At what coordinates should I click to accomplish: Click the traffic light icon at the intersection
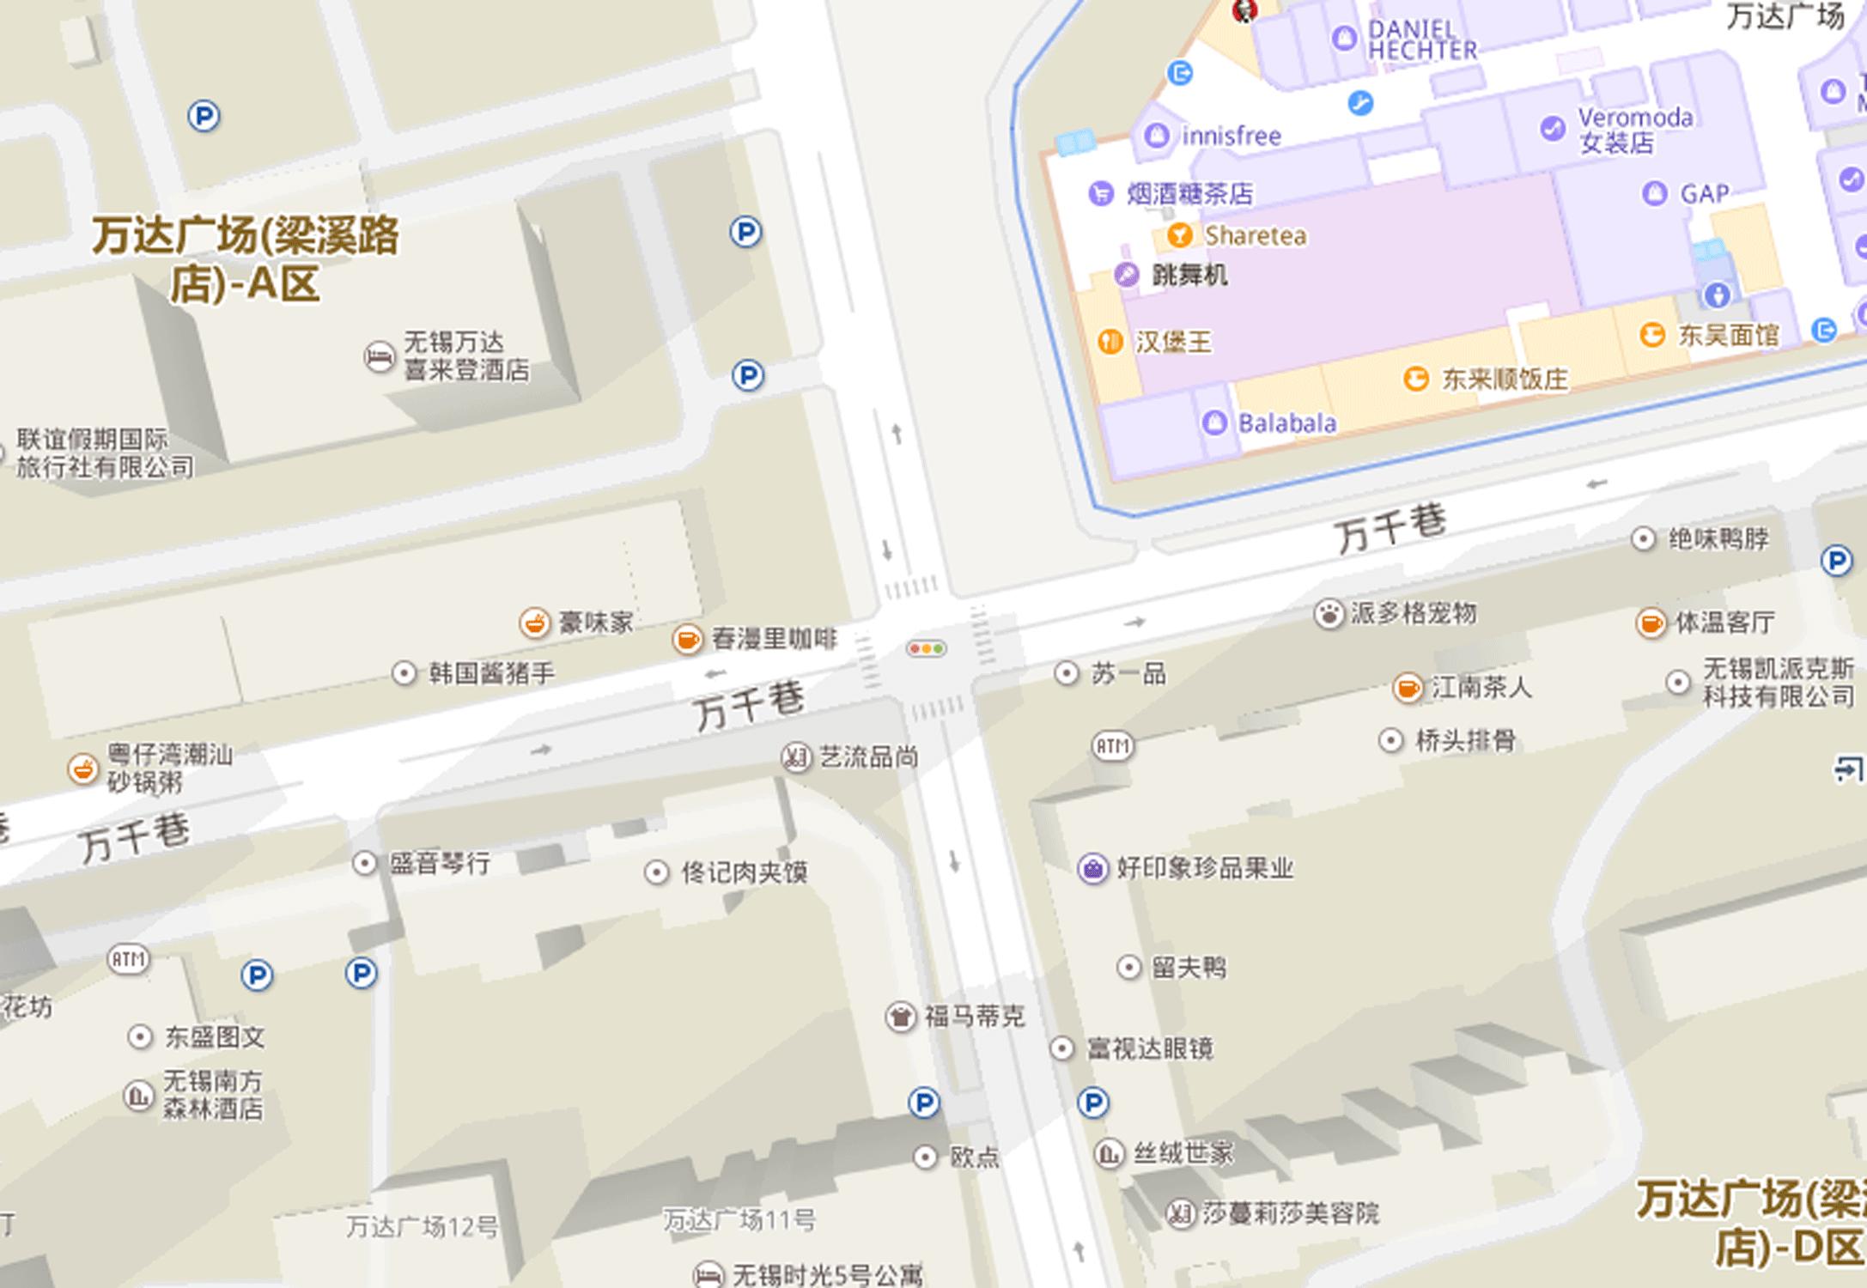click(x=926, y=649)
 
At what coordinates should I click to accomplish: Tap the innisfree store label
click(x=1230, y=136)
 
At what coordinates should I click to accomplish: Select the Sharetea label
click(x=1254, y=235)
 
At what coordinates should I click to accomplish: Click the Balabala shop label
click(x=1286, y=423)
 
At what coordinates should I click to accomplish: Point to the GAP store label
click(x=1703, y=193)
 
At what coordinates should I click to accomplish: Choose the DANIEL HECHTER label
click(x=1421, y=39)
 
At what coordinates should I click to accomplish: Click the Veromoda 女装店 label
click(x=1634, y=130)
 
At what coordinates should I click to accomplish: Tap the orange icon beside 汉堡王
click(x=1110, y=342)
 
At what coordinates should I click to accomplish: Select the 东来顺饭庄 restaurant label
click(x=1503, y=379)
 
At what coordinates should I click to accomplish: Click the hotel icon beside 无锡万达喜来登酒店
click(x=379, y=356)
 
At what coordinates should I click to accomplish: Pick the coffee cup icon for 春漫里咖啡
click(x=687, y=639)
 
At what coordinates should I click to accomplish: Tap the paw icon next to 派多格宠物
click(x=1329, y=613)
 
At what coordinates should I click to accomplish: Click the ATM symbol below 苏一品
click(x=1112, y=746)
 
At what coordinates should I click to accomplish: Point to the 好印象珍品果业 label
click(x=1204, y=868)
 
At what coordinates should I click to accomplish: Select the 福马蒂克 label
click(x=973, y=1017)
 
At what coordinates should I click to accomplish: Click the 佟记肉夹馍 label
click(x=744, y=872)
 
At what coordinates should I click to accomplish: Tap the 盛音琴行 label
click(x=440, y=863)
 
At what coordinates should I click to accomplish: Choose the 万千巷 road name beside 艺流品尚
click(x=749, y=706)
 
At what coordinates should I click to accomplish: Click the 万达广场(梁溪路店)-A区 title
click(x=246, y=259)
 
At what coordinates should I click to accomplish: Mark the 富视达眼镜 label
click(x=1149, y=1048)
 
